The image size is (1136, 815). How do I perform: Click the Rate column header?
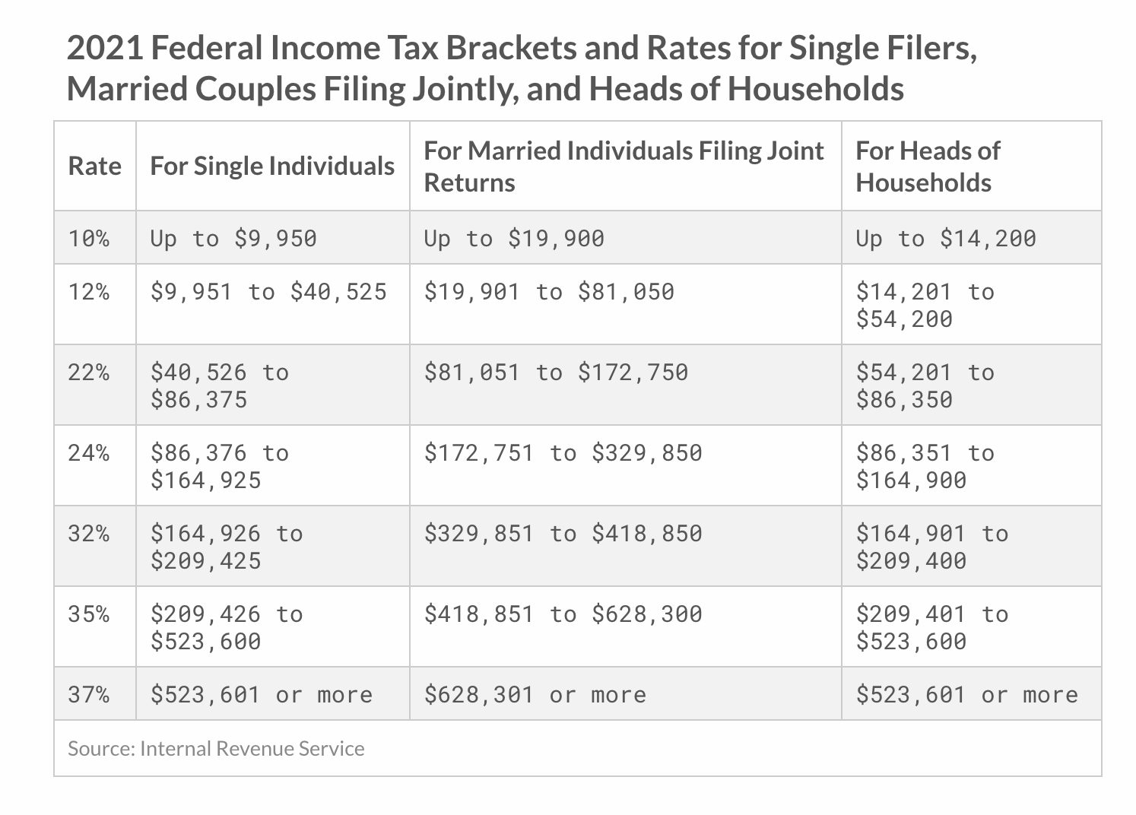95,166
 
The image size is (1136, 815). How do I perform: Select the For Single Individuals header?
272,166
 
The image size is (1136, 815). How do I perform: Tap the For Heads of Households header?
928,166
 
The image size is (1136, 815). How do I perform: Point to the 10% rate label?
89,239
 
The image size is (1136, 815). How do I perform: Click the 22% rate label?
89,373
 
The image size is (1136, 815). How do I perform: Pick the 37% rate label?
89,694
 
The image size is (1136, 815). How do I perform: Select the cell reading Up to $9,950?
233,239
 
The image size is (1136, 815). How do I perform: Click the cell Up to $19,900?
514,239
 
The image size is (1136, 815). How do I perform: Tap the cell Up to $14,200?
947,239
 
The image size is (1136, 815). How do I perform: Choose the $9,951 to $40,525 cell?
268,292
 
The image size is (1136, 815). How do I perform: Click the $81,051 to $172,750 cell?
557,373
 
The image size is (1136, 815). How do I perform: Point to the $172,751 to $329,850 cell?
563,453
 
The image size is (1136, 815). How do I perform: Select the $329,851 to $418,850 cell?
563,534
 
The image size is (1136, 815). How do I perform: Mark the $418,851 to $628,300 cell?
563,615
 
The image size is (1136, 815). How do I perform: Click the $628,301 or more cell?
535,695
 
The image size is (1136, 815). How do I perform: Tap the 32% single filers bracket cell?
227,547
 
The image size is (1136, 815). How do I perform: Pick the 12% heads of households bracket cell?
925,306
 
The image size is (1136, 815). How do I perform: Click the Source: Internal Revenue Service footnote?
216,749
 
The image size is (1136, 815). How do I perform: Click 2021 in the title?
105,48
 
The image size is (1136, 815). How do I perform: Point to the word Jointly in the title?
465,89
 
